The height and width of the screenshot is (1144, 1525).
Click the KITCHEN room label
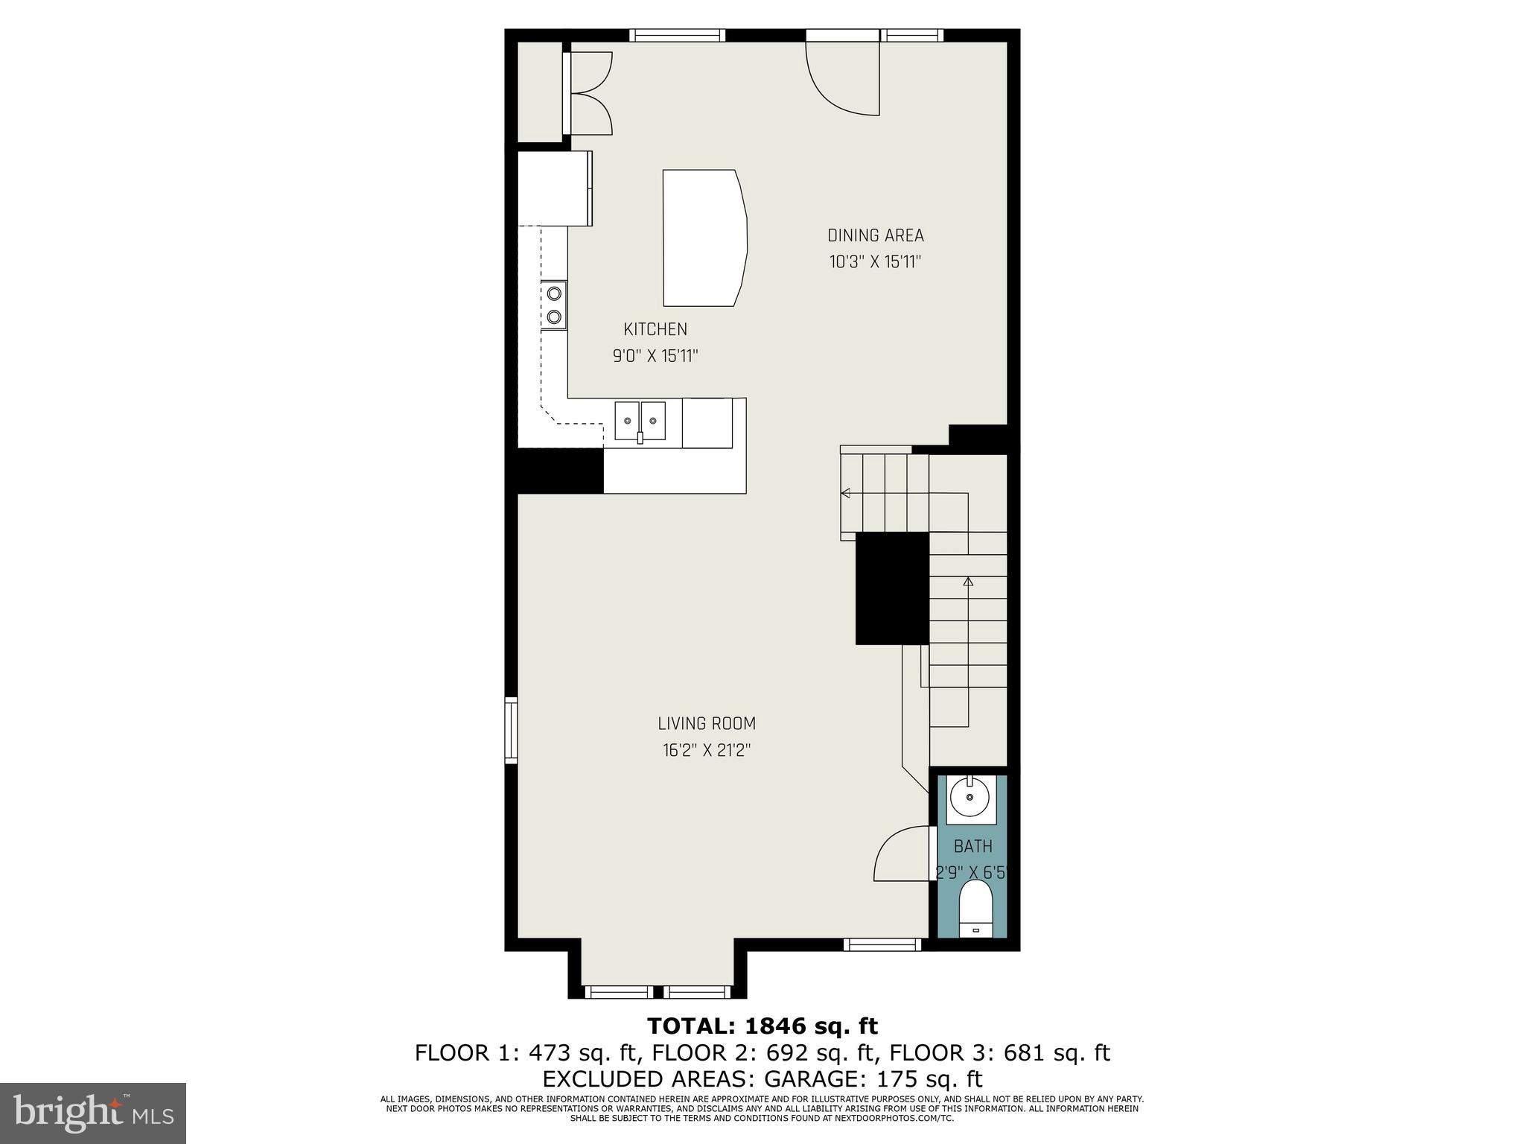pos(655,329)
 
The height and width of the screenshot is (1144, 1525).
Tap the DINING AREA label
pos(875,235)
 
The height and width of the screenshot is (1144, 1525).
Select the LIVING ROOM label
pos(706,723)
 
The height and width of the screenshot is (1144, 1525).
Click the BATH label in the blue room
pos(972,846)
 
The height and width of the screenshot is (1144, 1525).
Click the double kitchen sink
pos(640,422)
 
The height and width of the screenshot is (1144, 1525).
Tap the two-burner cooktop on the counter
pos(553,305)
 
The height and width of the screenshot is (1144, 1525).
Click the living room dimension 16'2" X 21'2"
pos(706,751)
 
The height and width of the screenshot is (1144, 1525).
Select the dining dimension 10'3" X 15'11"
pos(875,262)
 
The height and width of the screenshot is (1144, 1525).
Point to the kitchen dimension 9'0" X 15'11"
pos(655,356)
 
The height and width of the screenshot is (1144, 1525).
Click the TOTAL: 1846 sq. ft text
pos(762,1026)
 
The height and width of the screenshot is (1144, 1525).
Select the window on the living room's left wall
pos(511,730)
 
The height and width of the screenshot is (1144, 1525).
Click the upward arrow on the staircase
pos(967,582)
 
